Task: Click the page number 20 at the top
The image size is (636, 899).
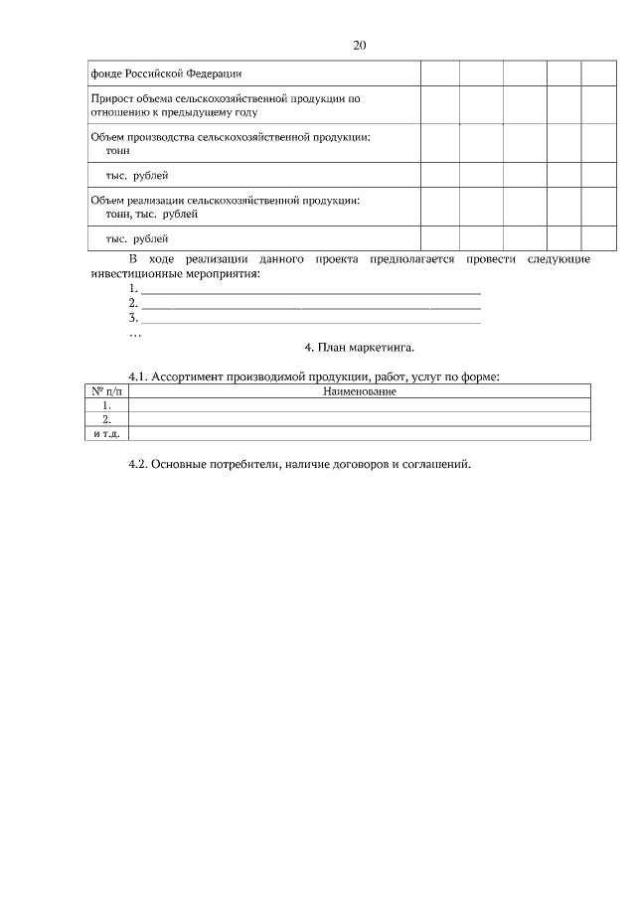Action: (360, 46)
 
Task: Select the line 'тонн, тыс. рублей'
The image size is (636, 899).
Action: (151, 214)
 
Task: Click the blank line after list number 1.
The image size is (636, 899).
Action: (311, 289)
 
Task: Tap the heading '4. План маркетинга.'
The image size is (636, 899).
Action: (359, 348)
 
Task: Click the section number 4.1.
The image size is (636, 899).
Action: (139, 377)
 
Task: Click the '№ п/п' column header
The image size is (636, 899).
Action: (106, 391)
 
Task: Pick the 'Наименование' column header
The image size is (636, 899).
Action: (360, 391)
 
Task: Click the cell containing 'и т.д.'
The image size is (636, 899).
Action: (106, 433)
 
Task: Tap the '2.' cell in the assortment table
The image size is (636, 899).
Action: (106, 419)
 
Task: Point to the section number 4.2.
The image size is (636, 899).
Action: (139, 465)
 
